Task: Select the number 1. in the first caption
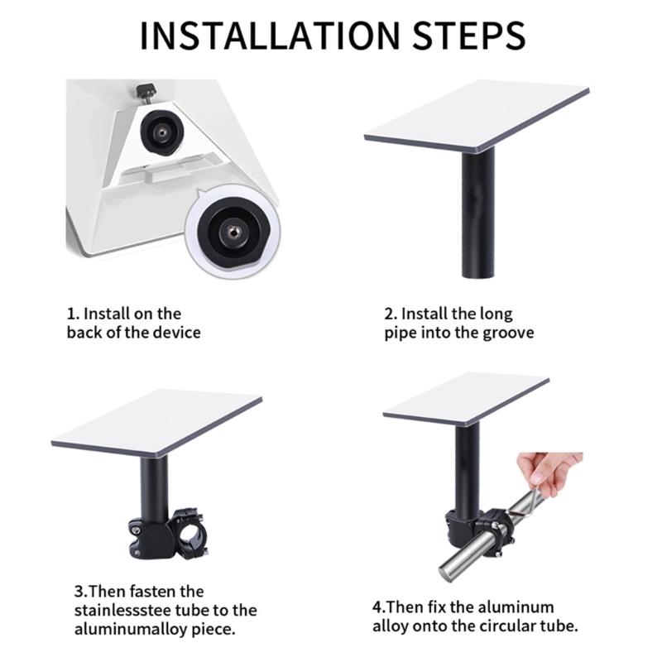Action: (x=73, y=314)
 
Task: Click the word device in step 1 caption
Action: (x=175, y=333)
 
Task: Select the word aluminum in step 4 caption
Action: (x=518, y=607)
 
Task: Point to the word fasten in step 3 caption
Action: (x=156, y=592)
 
